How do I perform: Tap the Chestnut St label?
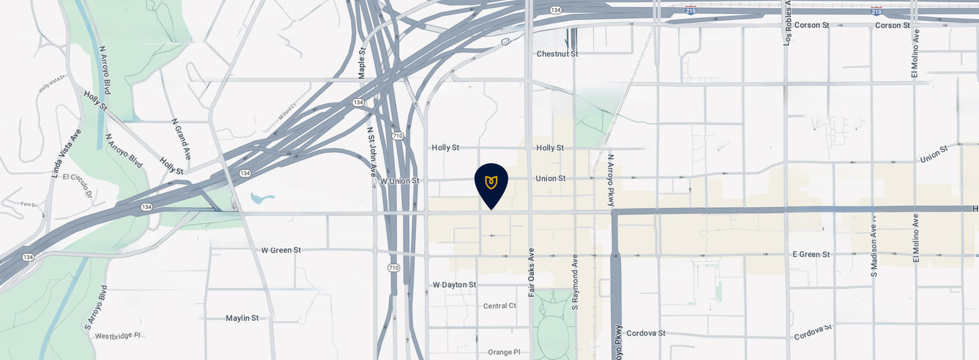click(557, 54)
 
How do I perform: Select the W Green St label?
click(281, 250)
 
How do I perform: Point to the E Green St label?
click(811, 254)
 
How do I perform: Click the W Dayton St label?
click(454, 285)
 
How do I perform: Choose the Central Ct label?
click(499, 306)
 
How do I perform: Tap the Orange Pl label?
click(504, 352)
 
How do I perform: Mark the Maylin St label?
click(242, 318)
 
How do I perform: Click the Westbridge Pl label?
click(117, 336)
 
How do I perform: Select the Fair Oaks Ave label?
click(531, 272)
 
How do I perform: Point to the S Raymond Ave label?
click(575, 282)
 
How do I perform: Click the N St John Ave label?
click(372, 151)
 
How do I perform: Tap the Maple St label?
click(362, 63)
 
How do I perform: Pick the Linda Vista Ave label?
click(66, 153)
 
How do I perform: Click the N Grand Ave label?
click(181, 139)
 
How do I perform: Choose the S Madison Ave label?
click(874, 245)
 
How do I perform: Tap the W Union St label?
click(399, 181)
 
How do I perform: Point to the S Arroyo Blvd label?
click(96, 307)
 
